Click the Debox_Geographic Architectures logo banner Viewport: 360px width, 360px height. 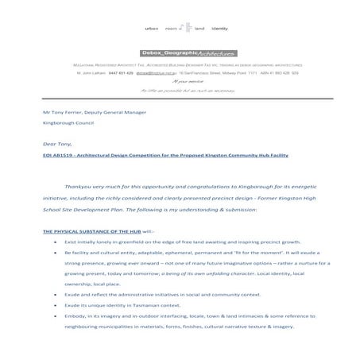[x=180, y=48]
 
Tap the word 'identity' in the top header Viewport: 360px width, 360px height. [x=220, y=28]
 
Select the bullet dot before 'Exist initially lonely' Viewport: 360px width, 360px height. [x=54, y=240]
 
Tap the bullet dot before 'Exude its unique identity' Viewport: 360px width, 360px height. [x=54, y=304]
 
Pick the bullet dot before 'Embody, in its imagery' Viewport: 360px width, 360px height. [x=54, y=315]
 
